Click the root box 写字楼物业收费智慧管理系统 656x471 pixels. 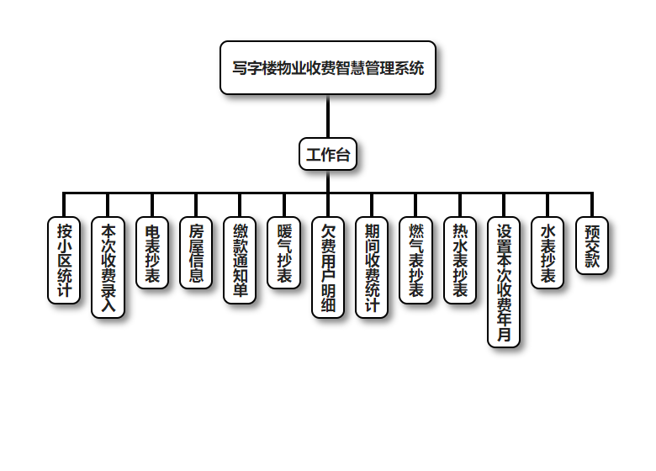(328, 67)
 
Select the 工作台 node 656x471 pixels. (328, 155)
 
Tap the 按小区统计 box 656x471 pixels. (64, 260)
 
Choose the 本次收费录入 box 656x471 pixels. (108, 267)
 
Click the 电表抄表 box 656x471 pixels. (152, 253)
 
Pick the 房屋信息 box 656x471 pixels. (196, 253)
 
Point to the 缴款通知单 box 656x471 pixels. (240, 260)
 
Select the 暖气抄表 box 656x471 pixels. (283, 253)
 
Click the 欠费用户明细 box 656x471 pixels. (328, 267)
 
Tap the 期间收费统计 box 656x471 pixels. (372, 267)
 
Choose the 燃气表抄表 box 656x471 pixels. (415, 260)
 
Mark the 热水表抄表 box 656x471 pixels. (460, 260)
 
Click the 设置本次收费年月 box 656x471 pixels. (504, 282)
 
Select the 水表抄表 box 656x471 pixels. (548, 253)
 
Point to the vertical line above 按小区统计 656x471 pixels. (64, 205)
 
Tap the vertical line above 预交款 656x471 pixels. (592, 205)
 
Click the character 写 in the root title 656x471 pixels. (239, 67)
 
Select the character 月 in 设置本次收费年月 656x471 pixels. (504, 335)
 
